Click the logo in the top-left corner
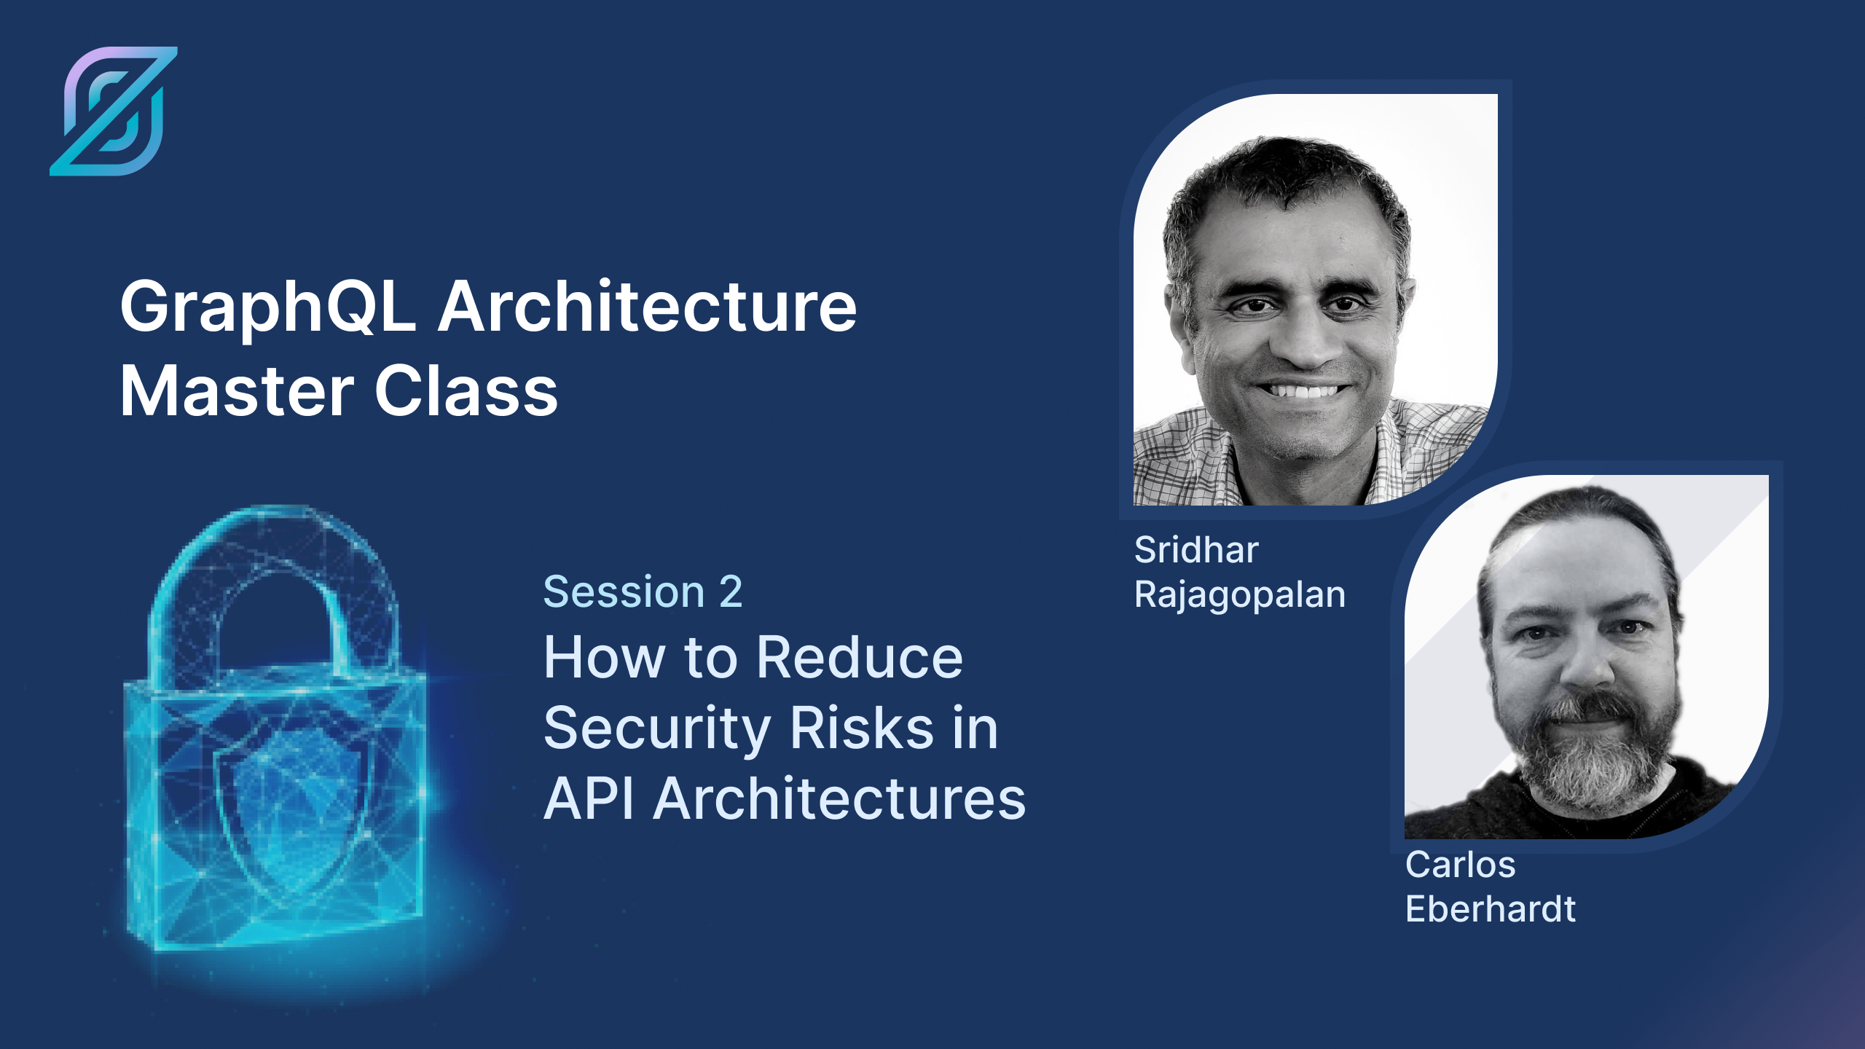(x=114, y=111)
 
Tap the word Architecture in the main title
(x=648, y=307)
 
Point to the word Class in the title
(x=466, y=392)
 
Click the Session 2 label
(x=643, y=592)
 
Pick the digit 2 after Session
(x=731, y=592)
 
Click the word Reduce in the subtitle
(x=860, y=657)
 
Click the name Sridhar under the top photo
(x=1196, y=550)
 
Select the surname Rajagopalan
(x=1240, y=595)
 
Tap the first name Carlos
(x=1460, y=865)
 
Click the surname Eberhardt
(x=1491, y=910)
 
